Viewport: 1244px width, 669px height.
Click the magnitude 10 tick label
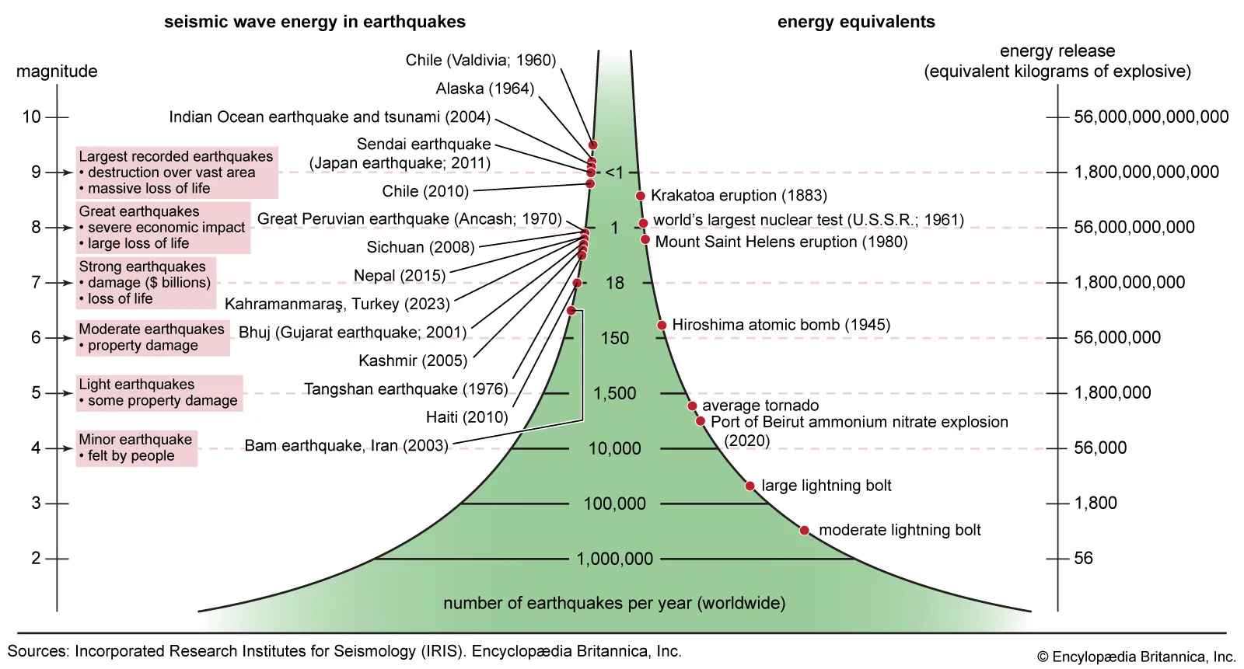pos(31,117)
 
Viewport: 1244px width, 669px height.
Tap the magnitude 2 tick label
pos(36,558)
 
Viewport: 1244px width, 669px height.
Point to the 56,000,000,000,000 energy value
pos(1151,117)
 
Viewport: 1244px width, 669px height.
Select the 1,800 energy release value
pos(1095,503)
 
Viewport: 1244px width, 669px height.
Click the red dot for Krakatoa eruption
pos(641,196)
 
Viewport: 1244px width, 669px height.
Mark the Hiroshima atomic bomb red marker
pos(662,325)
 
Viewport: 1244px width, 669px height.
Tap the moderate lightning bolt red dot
pos(805,531)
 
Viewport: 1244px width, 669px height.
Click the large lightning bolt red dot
pos(750,486)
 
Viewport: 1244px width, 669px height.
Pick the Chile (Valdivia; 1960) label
pos(480,61)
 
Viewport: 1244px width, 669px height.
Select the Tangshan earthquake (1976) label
pos(406,389)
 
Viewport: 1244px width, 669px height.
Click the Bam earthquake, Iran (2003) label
pos(346,446)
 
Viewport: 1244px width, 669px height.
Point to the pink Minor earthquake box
pos(136,448)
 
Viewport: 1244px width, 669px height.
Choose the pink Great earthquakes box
pos(162,228)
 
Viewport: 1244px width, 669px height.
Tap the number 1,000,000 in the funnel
pos(614,559)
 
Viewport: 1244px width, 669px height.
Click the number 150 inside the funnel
pos(614,338)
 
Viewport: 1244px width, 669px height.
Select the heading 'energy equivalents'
pos(856,22)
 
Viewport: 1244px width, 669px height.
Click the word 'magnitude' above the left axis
pos(57,71)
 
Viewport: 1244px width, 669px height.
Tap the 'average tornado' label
pos(760,406)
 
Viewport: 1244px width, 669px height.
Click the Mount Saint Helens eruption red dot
pos(645,239)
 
